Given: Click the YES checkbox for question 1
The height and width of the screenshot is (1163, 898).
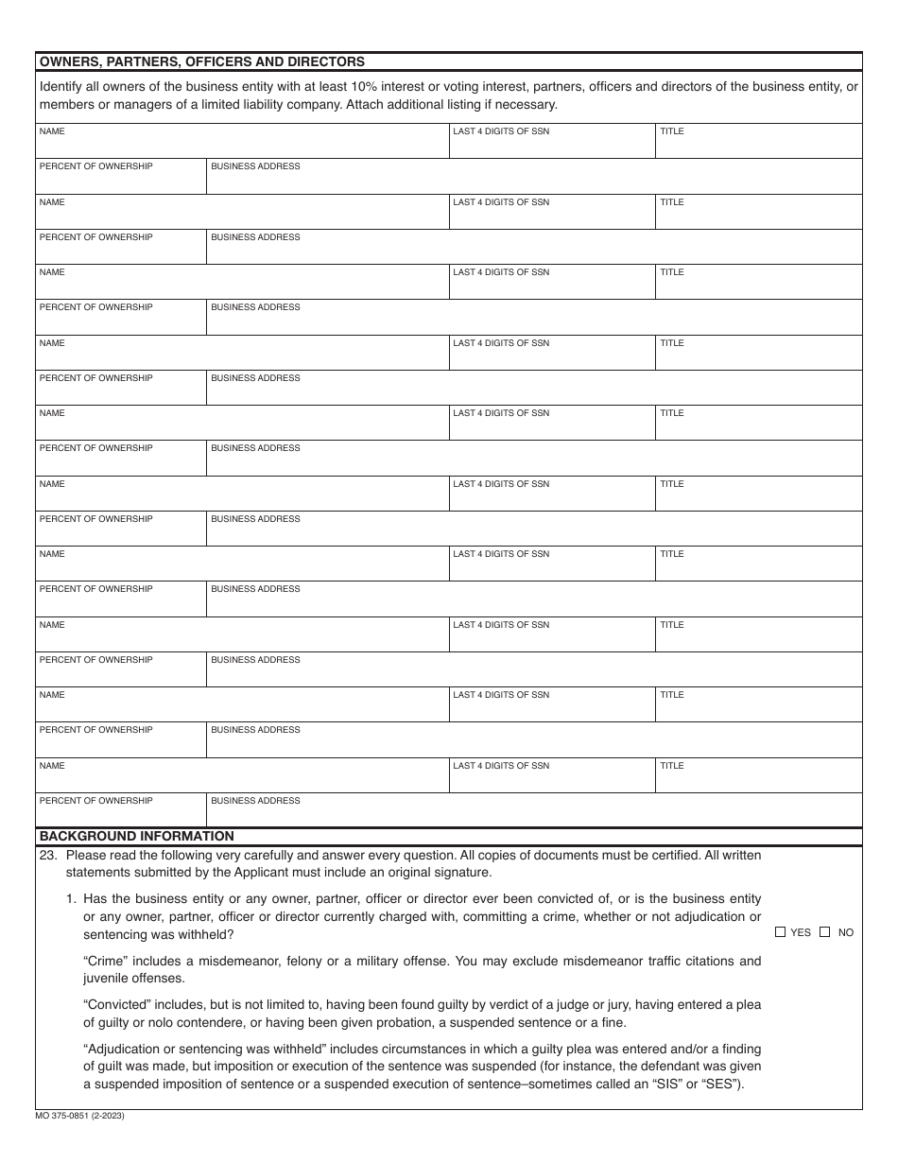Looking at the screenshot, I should tap(780, 932).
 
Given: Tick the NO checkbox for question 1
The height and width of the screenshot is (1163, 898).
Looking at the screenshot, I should tap(824, 932).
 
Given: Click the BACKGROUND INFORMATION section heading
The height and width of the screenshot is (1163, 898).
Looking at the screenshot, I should tap(136, 836).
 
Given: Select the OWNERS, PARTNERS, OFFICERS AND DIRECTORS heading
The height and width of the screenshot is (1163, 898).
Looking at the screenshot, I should tap(201, 61).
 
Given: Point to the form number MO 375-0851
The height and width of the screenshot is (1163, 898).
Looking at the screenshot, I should tap(80, 1116).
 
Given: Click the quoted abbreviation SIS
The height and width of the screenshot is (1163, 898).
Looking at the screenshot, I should tap(664, 1084).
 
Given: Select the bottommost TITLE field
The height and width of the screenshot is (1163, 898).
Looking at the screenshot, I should tap(758, 778).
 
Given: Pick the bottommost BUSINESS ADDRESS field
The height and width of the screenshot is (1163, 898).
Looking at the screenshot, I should tap(534, 813).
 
